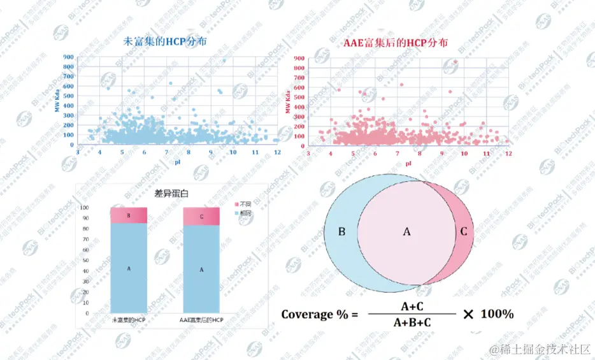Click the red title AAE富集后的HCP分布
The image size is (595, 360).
pos(396,43)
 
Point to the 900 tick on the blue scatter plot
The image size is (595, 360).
pos(68,57)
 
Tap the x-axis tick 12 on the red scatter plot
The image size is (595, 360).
pos(508,154)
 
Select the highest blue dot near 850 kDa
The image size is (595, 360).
pos(224,61)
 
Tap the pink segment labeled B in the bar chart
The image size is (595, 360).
pos(129,215)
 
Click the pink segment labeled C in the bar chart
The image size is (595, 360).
pos(201,216)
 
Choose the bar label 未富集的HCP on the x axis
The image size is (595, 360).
pos(129,319)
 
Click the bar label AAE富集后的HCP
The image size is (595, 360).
pos(201,319)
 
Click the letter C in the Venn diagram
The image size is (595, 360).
pos(463,231)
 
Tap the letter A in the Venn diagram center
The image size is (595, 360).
pos(406,231)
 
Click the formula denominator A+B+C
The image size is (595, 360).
pos(412,322)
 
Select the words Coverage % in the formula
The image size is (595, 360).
pos(315,314)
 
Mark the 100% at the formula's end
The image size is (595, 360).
pos(497,314)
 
